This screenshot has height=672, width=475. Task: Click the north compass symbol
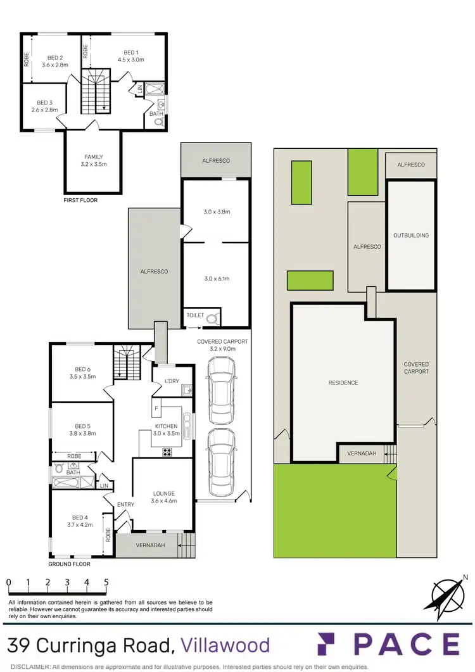coord(448,595)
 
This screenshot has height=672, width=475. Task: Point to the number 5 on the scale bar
coord(106,582)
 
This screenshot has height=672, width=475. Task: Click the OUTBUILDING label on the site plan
coord(411,236)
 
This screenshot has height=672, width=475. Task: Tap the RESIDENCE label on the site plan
coord(343,383)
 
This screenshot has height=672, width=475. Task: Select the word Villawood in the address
coord(225,645)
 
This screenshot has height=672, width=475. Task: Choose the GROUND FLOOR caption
coord(69,564)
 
